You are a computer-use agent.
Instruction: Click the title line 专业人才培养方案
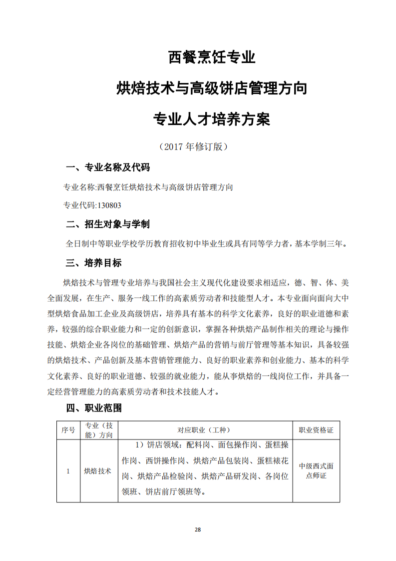(x=212, y=119)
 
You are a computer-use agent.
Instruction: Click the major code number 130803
(x=109, y=205)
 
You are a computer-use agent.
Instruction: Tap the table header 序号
(x=68, y=430)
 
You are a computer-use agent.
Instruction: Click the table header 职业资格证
(x=316, y=430)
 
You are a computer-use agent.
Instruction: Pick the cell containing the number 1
(x=68, y=471)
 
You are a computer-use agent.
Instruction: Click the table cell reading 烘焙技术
(x=98, y=471)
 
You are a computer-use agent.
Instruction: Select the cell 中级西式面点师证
(x=316, y=471)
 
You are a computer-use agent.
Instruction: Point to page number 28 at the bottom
(x=198, y=529)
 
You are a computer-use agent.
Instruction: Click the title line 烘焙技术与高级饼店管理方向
(x=212, y=88)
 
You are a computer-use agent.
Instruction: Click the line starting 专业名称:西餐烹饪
(x=148, y=187)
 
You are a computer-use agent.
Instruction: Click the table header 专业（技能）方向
(x=98, y=430)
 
